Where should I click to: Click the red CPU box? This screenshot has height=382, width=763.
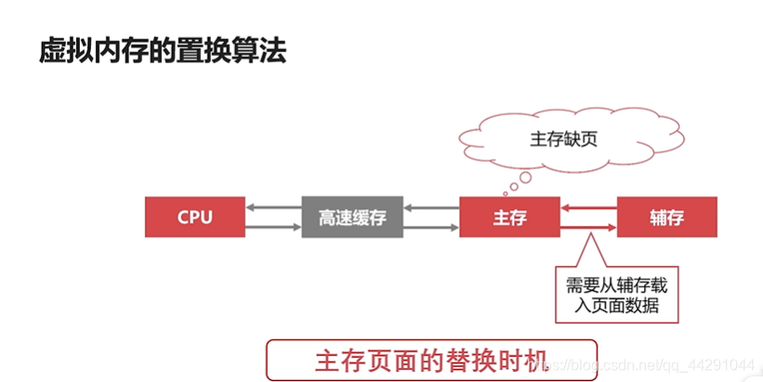tap(194, 217)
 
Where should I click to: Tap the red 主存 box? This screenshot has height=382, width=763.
tap(508, 217)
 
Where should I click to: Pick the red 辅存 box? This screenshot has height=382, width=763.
tap(666, 217)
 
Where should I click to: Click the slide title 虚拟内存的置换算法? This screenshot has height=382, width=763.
tap(162, 50)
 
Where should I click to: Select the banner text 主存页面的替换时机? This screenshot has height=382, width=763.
tap(428, 360)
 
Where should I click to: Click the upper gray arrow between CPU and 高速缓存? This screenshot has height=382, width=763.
tap(273, 207)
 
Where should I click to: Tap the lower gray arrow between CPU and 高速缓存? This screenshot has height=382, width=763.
tap(273, 227)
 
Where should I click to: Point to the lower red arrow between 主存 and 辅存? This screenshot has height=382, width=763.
tap(588, 226)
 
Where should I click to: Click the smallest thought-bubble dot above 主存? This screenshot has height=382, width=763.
tap(506, 193)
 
